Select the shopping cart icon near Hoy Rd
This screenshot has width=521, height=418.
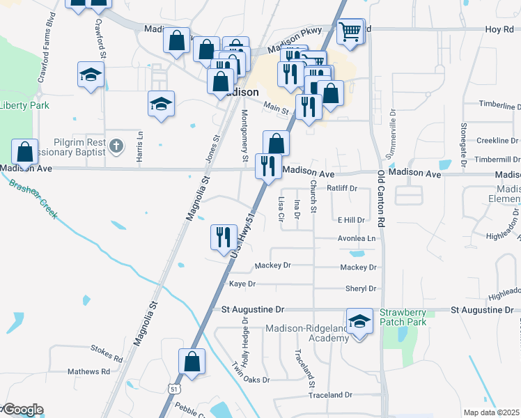click(x=351, y=31)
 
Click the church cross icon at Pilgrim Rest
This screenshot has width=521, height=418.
click(x=116, y=146)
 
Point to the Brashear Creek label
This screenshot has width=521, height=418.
click(x=34, y=197)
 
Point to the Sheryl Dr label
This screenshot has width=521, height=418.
click(x=361, y=288)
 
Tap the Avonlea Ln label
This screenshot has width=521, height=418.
click(x=357, y=238)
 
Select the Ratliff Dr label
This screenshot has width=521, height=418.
click(x=342, y=188)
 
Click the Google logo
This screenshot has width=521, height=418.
click(x=22, y=410)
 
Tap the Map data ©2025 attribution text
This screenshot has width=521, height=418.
click(x=491, y=412)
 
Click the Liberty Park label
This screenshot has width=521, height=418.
click(x=24, y=105)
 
